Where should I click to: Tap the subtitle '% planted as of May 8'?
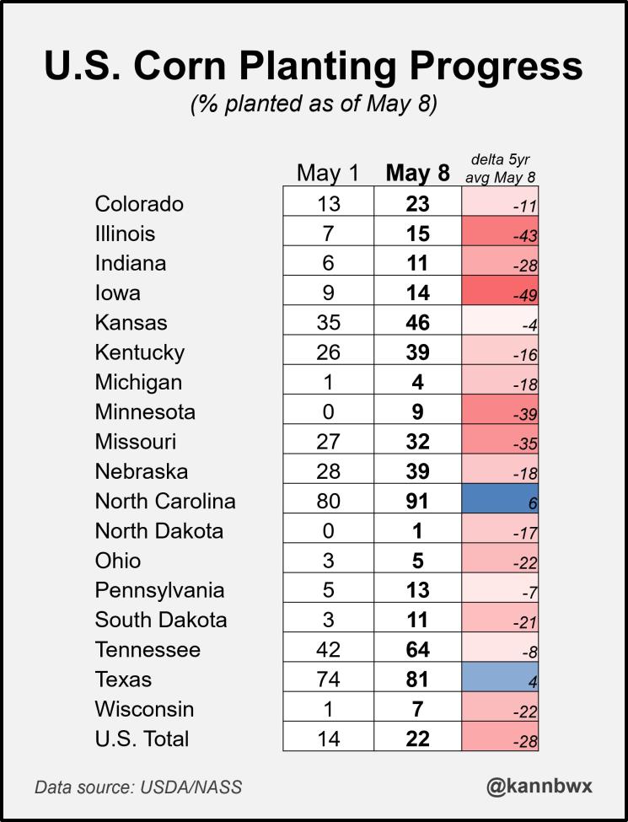pos(314,106)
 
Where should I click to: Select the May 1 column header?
pos(328,173)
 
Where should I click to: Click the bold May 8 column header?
pos(418,173)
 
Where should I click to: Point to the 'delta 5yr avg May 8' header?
pos(500,169)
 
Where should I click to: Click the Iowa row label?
pos(117,293)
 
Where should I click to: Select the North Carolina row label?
pos(165,501)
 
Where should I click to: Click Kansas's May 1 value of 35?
pos(328,322)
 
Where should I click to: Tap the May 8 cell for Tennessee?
pos(418,649)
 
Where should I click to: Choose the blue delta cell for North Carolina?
pos(500,501)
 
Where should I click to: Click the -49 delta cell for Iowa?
pos(500,293)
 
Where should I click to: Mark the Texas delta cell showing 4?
pos(500,680)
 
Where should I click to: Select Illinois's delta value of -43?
pos(500,234)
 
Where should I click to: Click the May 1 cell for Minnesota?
pos(328,411)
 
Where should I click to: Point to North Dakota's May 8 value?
pos(418,530)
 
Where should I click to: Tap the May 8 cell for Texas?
pos(418,680)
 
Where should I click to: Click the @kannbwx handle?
pos(539,786)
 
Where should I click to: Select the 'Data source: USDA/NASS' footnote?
pos(138,787)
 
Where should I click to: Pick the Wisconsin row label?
pos(144,709)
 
